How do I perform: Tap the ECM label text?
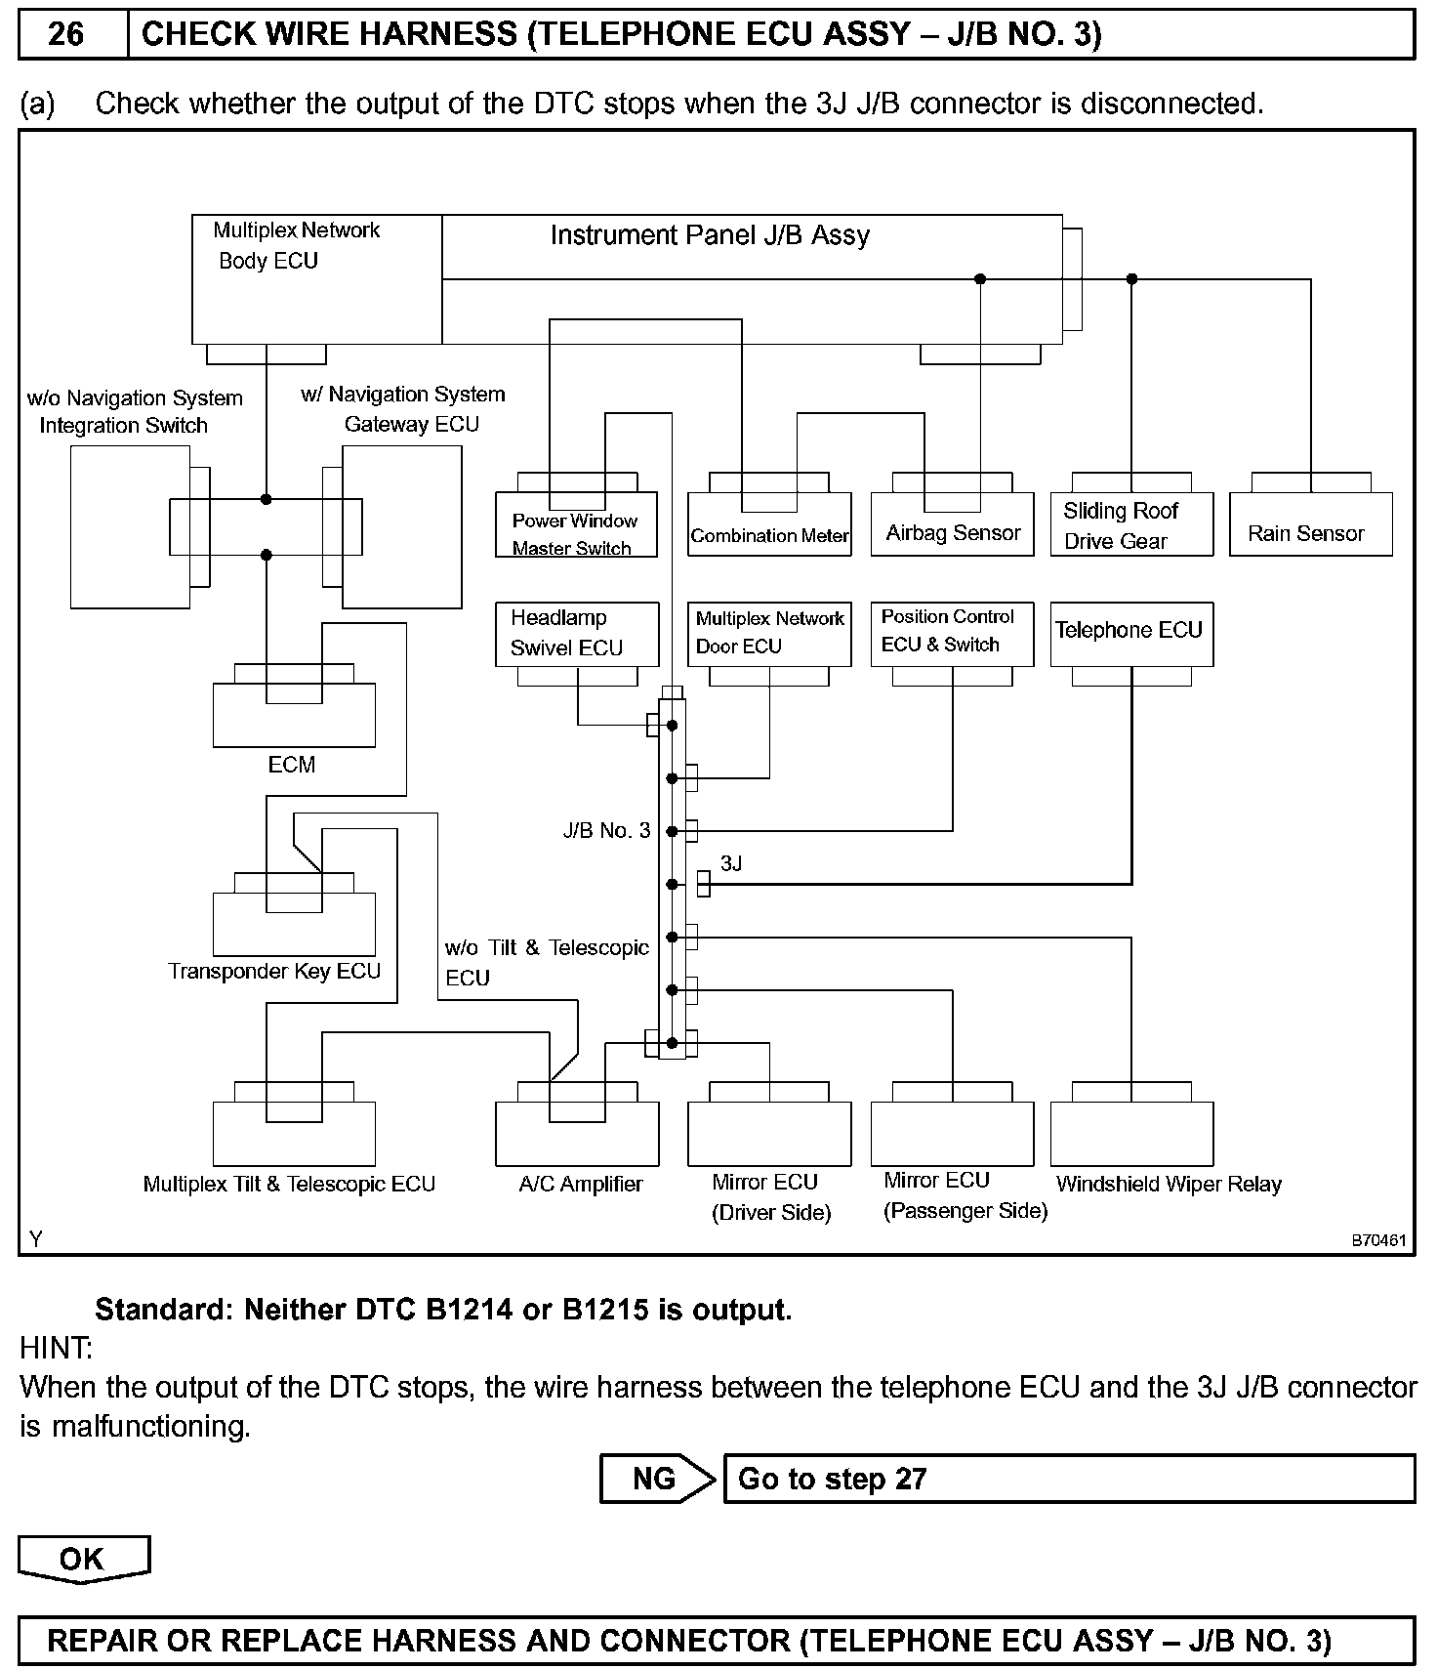pos(292,765)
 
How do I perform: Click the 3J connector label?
pos(731,863)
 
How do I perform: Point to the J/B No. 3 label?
pos(606,831)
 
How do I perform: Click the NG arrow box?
pos(656,1479)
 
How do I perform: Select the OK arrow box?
pos(83,1559)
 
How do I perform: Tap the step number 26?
pos(66,35)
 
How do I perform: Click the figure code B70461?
pos(1377,1240)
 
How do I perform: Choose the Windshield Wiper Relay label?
pos(1169,1185)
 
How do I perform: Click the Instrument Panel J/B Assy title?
pos(710,235)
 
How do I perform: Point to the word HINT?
pos(56,1349)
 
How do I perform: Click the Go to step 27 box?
pos(1068,1479)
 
